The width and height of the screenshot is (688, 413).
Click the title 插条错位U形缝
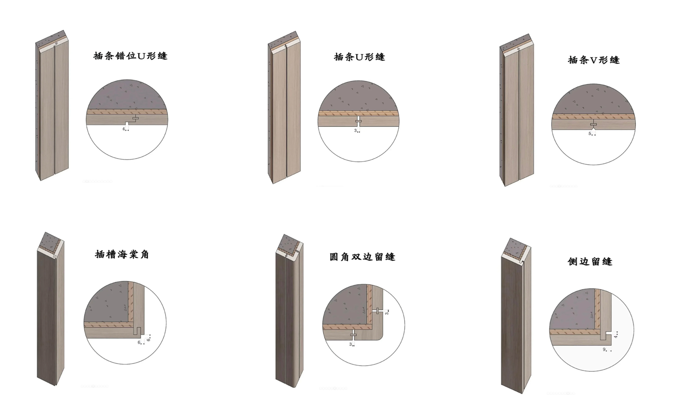click(130, 56)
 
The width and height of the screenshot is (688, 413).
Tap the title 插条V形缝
click(593, 60)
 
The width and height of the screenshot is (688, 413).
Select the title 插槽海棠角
click(122, 254)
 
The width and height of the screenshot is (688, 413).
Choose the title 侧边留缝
click(590, 261)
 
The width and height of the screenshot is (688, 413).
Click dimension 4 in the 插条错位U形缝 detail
click(124, 129)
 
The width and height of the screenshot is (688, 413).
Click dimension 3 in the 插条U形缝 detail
click(355, 130)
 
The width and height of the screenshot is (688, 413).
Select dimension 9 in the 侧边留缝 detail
click(604, 349)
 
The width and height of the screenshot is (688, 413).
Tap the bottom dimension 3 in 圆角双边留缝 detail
click(350, 344)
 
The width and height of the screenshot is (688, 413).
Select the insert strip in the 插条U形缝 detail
click(358, 121)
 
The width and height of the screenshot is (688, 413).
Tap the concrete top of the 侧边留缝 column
click(514, 247)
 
